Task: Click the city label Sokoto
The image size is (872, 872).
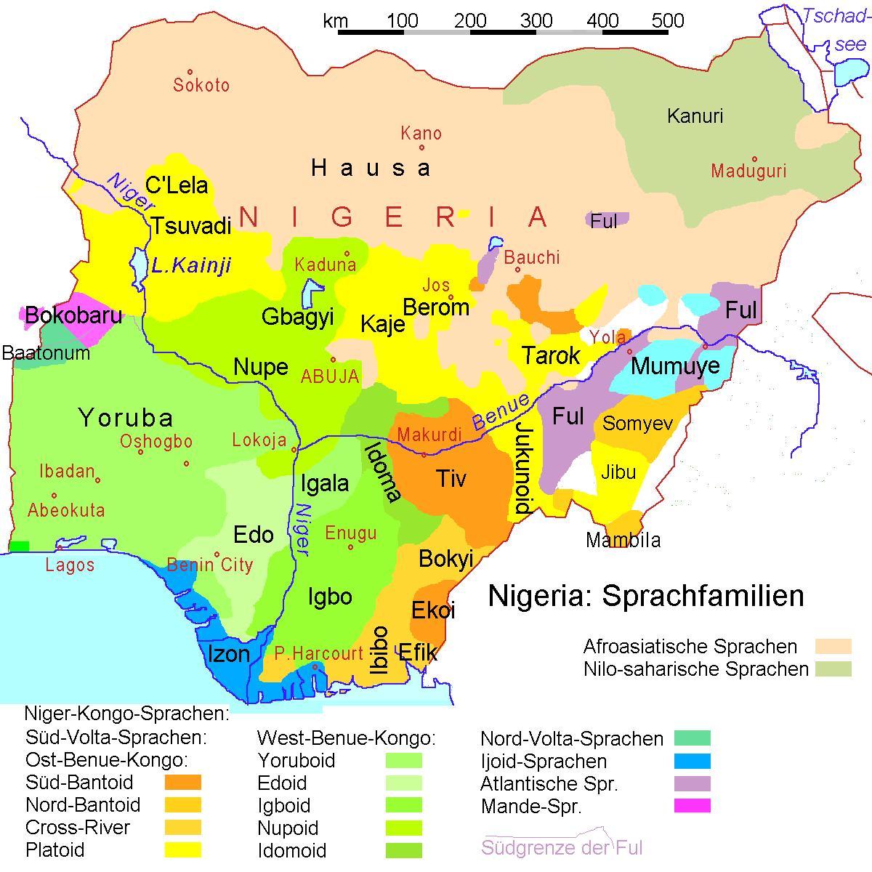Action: [x=201, y=85]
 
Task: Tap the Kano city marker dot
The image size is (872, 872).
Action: [x=421, y=148]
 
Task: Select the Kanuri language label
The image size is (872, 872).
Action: [x=695, y=116]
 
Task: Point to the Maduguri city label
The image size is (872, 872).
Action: [x=748, y=171]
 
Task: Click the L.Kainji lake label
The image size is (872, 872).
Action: [x=191, y=265]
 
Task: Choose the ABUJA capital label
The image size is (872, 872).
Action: [x=330, y=376]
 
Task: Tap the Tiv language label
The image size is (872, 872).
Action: [x=451, y=478]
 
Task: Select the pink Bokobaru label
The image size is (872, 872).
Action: [x=73, y=316]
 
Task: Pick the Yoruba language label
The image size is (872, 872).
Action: [x=126, y=418]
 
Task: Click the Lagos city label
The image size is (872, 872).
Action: [x=70, y=565]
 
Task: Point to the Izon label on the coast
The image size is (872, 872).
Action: [x=229, y=654]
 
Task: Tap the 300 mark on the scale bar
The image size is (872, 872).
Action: [x=536, y=20]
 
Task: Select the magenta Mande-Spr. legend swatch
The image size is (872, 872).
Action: [x=692, y=806]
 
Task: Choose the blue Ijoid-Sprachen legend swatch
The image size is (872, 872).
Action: [x=692, y=762]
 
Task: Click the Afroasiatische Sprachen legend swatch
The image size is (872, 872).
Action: [x=833, y=646]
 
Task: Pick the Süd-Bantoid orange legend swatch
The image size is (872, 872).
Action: [x=182, y=783]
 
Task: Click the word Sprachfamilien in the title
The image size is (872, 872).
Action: [x=703, y=596]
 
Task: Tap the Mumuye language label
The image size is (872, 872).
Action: [x=675, y=366]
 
